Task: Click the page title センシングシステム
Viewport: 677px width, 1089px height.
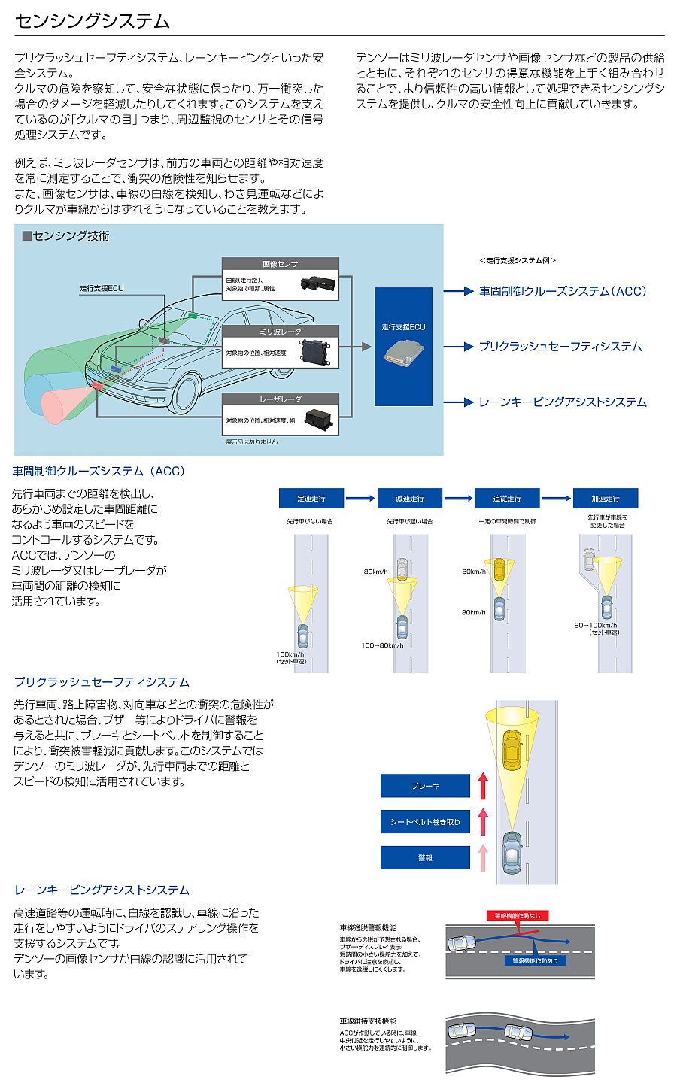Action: [93, 21]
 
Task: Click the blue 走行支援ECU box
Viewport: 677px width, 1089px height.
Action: [403, 346]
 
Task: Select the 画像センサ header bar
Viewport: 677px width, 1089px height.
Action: [280, 264]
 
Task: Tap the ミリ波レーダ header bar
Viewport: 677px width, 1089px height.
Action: [280, 332]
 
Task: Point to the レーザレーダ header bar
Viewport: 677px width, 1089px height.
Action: [280, 399]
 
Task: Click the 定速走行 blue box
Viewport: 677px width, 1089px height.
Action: [311, 499]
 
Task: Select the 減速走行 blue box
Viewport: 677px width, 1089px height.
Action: [409, 499]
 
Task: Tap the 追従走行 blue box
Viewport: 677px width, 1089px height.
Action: [507, 499]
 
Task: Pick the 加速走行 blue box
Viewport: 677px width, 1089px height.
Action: [605, 499]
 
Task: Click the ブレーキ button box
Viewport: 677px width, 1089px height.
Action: [425, 786]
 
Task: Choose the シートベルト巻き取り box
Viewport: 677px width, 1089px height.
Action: [425, 822]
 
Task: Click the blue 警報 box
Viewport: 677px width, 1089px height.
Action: [425, 857]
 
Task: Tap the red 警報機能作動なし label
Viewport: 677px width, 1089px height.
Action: [518, 916]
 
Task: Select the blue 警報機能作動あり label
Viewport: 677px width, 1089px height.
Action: [535, 960]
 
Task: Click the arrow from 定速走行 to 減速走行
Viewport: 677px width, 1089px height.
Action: [360, 499]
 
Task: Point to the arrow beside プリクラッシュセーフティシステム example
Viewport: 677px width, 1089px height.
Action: [458, 347]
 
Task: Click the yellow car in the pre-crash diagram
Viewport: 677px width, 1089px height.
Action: [512, 747]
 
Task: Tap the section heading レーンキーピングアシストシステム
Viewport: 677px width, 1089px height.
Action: [102, 890]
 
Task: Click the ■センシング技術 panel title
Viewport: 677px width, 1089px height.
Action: [66, 236]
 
